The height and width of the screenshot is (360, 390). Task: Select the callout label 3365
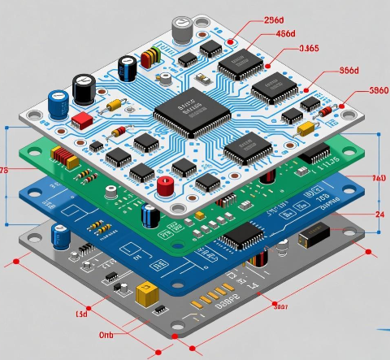point(309,48)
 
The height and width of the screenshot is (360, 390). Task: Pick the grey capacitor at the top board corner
point(183,30)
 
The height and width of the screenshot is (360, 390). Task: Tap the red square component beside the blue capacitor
point(81,120)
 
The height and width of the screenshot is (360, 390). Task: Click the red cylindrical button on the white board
point(165,186)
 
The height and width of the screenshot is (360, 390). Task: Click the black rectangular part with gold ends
point(313,235)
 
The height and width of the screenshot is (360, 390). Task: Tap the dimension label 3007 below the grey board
point(279,307)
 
